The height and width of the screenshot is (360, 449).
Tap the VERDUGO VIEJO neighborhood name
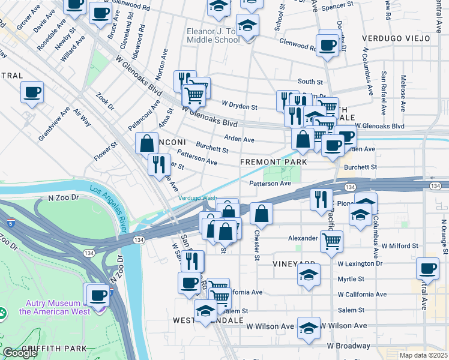396,38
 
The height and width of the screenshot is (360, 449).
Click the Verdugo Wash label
197,199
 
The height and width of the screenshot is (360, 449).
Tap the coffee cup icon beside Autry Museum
98,295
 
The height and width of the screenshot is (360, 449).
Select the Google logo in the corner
20,353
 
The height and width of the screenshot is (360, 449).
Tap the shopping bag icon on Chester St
261,213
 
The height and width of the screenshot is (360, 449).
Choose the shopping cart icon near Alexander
331,242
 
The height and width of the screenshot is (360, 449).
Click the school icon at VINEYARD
309,275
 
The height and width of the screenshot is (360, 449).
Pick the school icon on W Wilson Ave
309,328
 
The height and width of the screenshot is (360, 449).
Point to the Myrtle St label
351,279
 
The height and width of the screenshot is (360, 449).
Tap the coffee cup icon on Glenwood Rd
328,46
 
